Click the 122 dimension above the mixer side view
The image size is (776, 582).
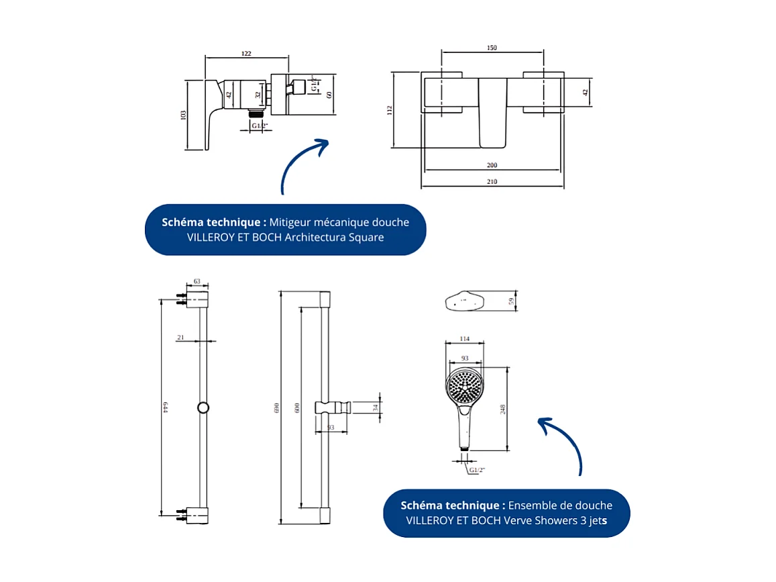(x=246, y=53)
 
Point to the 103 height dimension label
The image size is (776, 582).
(x=183, y=115)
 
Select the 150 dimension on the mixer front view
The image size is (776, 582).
(x=492, y=48)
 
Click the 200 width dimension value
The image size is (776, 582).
(x=492, y=165)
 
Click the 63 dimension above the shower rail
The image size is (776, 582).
(x=197, y=282)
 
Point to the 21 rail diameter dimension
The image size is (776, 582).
(x=180, y=338)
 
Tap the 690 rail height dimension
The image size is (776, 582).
(x=277, y=408)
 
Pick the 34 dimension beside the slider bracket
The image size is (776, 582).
(x=376, y=407)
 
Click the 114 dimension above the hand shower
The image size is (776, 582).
(x=463, y=338)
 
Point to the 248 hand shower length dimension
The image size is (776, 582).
(x=503, y=409)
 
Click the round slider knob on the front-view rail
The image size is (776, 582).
(x=203, y=407)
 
